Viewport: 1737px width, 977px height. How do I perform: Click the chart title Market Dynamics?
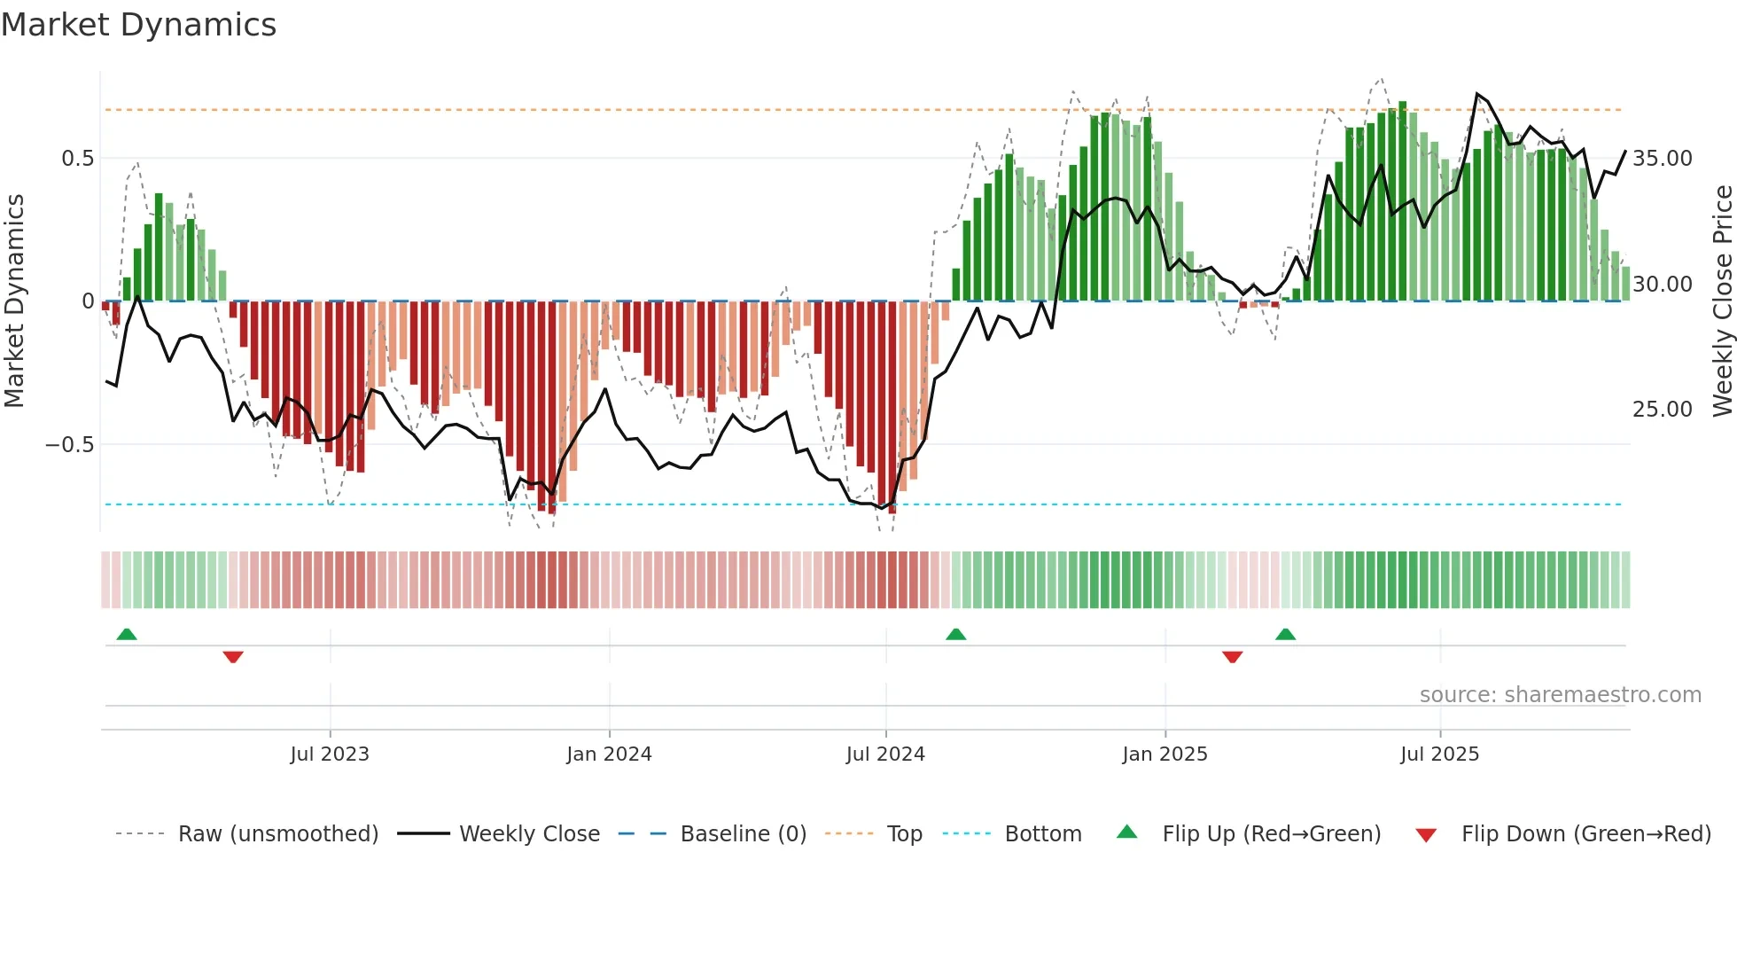coord(138,25)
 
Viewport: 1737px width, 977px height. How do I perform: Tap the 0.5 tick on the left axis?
coord(77,159)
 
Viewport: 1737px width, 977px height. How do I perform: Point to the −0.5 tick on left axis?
coord(70,444)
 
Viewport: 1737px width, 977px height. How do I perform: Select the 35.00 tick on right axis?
coord(1662,159)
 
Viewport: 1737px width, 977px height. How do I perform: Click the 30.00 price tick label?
coord(1662,285)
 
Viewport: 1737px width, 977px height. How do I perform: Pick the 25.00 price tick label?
coord(1662,410)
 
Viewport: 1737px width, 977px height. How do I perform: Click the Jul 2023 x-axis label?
coord(330,754)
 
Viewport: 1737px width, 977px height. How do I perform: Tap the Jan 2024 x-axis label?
coord(609,754)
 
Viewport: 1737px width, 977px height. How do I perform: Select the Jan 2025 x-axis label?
coord(1164,754)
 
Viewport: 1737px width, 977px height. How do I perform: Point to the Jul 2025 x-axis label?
coord(1439,754)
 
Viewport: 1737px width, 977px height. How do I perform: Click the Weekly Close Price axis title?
coord(1722,301)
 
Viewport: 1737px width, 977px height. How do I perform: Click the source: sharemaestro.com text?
coord(1560,695)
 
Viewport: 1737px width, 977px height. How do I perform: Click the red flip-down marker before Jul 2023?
coord(233,657)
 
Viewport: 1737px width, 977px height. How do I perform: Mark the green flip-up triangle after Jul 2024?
coord(955,634)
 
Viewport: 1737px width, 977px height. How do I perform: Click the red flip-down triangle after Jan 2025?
coord(1232,657)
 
